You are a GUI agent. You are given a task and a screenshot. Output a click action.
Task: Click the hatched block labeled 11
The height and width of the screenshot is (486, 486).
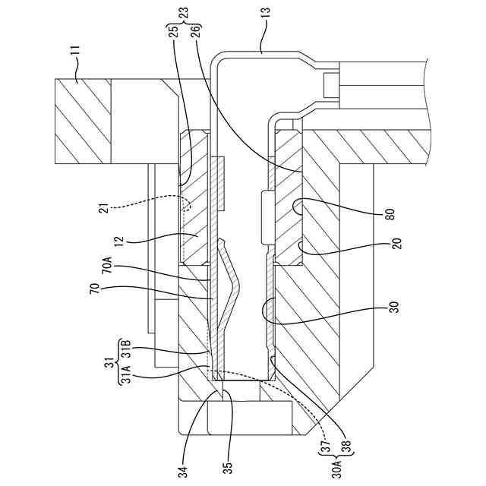click(84, 121)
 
